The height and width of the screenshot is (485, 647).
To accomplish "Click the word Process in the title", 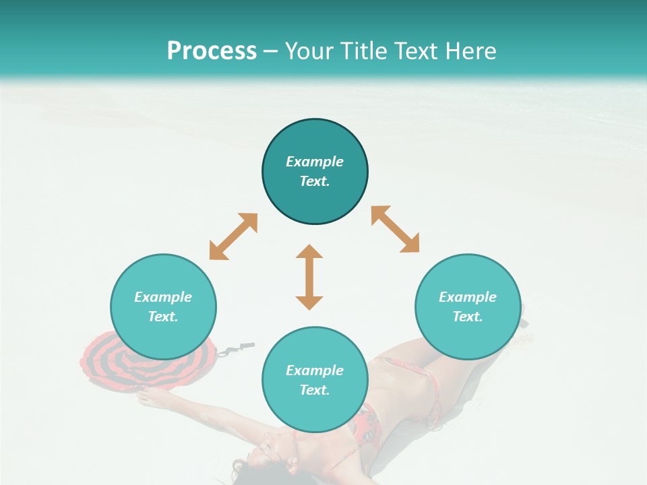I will point(212,51).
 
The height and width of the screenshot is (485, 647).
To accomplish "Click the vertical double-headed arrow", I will point(309,278).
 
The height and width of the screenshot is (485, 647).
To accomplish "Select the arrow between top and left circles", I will point(233,236).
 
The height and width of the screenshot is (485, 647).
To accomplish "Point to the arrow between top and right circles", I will point(395,229).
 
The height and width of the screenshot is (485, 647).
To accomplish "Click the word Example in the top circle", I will point(315,162).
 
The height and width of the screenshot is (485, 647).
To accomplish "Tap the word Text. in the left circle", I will point(163,317).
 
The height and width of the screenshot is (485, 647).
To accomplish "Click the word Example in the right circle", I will point(468,297).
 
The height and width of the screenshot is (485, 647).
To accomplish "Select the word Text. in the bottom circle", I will point(315,390).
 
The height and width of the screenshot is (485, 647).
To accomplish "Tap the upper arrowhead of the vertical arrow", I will point(309,253).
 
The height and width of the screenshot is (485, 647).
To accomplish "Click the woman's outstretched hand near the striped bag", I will point(145,399).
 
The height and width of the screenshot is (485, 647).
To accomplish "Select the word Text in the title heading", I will point(415,51).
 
